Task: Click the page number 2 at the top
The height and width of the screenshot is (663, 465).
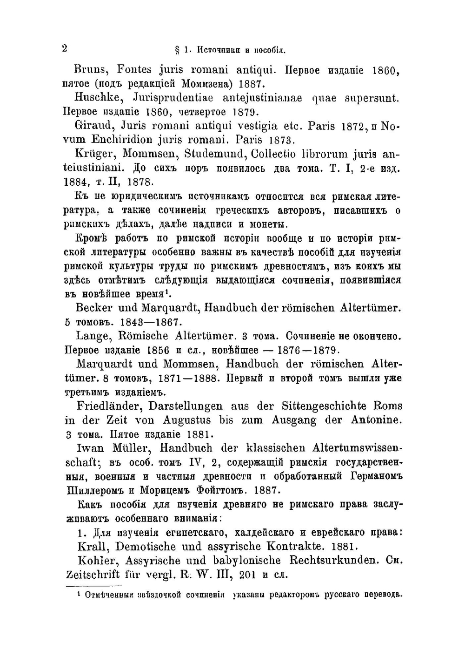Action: tap(65, 48)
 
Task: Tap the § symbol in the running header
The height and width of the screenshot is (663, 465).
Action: tap(177, 49)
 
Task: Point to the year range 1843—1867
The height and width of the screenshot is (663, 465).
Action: tap(147, 322)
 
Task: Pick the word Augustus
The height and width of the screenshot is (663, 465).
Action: tap(186, 420)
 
